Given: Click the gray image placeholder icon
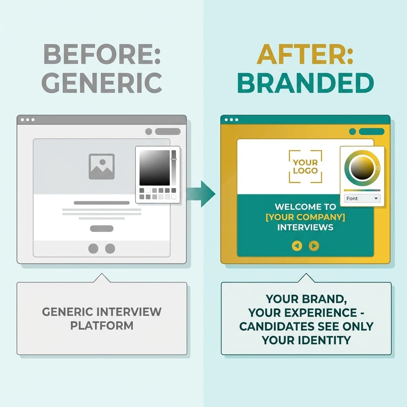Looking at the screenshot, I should pos(102,166).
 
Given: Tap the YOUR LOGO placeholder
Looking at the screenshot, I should pos(305,167).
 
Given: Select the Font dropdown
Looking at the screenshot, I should pos(362,198).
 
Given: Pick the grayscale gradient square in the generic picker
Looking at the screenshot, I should pos(155,168).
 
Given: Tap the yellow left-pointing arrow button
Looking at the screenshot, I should pos(297,246).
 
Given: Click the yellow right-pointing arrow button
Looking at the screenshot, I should pos(314,246).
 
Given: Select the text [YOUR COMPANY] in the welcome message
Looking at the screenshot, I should pos(305,217).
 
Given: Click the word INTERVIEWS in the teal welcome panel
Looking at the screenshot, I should pos(305,228).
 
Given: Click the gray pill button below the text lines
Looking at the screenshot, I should pos(102,229).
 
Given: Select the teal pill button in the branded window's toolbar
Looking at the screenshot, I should pos(371,132).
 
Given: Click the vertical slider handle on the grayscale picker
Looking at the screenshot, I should pos(174,159).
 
